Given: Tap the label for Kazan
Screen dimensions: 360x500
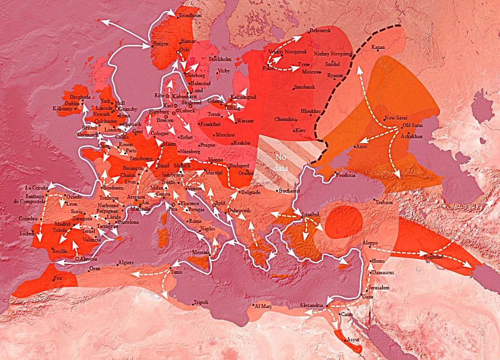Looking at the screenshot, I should point(378,47).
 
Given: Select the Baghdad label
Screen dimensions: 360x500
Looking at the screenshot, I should point(433,257).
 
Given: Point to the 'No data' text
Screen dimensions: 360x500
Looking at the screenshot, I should point(282,162).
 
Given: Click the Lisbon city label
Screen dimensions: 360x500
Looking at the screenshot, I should point(27,234).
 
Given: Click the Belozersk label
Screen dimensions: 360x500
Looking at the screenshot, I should point(320,31).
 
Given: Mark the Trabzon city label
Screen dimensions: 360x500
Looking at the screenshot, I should point(383,202).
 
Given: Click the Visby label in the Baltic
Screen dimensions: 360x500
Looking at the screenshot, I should point(224,72).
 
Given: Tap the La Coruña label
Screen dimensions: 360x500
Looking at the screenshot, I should point(35,188).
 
